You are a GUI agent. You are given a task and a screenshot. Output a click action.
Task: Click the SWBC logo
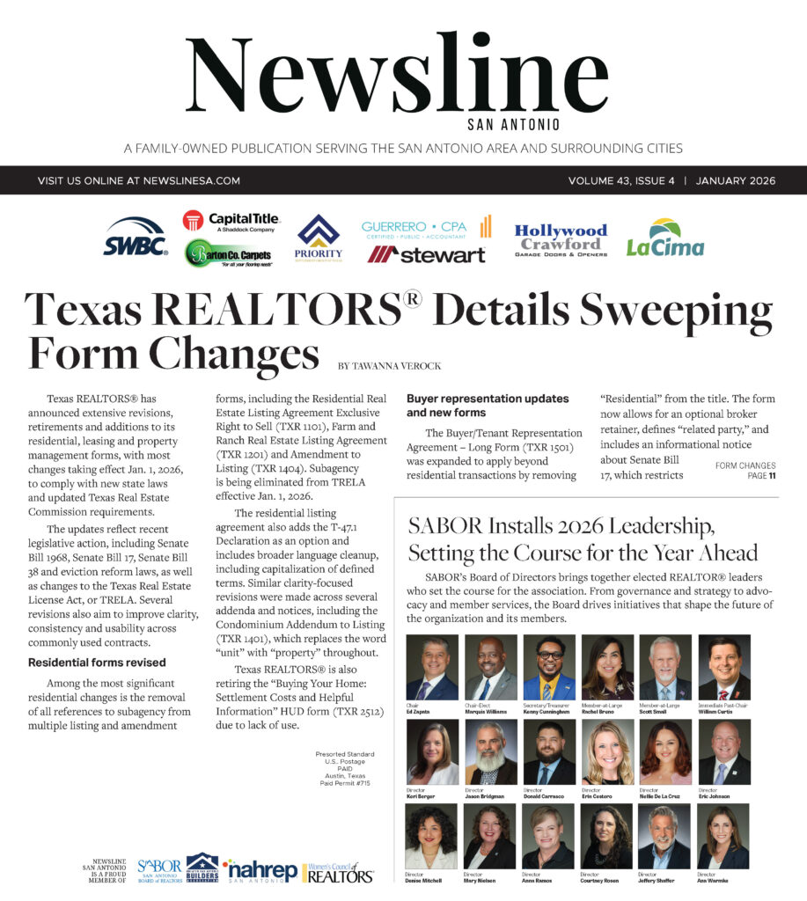coord(136,238)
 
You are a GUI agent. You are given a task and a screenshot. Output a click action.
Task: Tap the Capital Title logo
coord(231,220)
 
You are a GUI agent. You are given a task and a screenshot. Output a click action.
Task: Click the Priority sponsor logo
coord(319,238)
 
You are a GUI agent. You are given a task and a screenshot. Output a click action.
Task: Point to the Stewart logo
coord(426,254)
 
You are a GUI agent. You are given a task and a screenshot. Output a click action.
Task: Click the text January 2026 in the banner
coord(735,180)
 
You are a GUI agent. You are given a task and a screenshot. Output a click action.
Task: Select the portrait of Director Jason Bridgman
coord(491,752)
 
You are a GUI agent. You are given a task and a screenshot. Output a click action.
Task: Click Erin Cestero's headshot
coord(607,752)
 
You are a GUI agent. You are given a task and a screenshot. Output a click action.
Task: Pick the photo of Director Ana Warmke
coord(723,836)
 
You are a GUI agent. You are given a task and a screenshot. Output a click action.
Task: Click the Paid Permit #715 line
coord(345,782)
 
